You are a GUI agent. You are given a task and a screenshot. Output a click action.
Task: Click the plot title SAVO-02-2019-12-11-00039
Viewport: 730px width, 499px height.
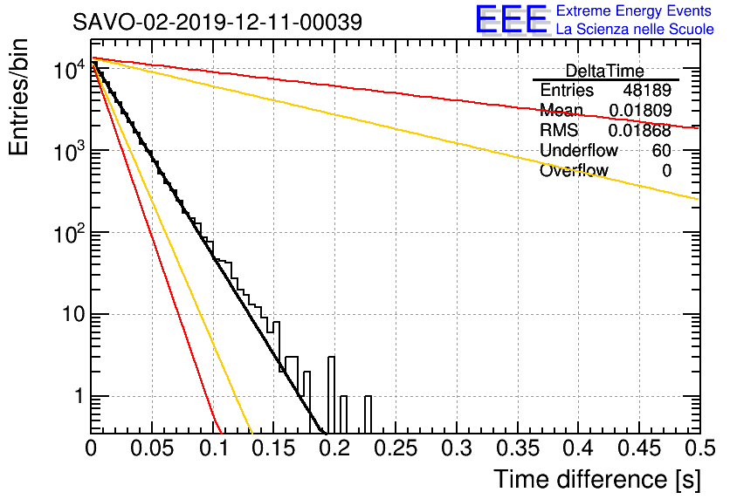point(217,22)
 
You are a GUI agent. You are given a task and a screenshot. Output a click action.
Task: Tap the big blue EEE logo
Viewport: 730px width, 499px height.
point(512,19)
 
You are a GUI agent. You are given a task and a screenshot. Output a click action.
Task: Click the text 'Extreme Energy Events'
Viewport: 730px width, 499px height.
point(634,10)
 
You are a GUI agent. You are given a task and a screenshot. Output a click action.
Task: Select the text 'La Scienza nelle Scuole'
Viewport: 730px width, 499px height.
point(635,30)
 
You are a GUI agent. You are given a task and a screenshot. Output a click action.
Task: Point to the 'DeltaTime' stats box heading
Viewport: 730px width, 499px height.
point(605,72)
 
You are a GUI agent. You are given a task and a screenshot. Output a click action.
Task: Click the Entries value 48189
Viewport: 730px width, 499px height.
point(647,90)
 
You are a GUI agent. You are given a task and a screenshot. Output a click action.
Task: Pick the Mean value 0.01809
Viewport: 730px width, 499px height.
point(640,110)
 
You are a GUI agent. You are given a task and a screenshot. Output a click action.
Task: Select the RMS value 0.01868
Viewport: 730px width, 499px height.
point(640,131)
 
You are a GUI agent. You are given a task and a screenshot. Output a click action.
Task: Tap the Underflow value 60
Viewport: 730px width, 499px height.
point(662,150)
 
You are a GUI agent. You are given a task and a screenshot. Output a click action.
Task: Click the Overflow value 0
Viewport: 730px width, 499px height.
point(666,171)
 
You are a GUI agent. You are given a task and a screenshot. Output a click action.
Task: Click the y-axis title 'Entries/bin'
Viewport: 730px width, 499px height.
point(19,98)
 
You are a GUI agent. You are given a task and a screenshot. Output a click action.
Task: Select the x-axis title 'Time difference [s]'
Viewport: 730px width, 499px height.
point(597,480)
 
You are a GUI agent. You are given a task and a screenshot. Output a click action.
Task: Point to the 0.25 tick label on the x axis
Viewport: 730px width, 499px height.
point(396,448)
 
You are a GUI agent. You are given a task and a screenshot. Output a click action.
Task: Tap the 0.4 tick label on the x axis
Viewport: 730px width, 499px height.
point(580,448)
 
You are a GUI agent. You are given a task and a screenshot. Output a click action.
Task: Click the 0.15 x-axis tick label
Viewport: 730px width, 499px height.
point(274,448)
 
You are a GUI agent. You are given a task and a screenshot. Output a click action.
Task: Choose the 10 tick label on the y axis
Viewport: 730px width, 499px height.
point(74,315)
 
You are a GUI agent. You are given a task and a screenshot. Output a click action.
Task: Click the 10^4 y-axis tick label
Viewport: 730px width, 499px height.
point(69,70)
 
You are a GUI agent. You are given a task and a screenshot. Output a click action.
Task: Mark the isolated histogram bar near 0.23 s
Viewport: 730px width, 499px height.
point(368,414)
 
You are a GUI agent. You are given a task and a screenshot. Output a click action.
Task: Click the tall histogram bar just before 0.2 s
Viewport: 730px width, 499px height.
point(331,394)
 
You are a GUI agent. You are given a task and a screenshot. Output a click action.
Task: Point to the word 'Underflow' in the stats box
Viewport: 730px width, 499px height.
point(579,150)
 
